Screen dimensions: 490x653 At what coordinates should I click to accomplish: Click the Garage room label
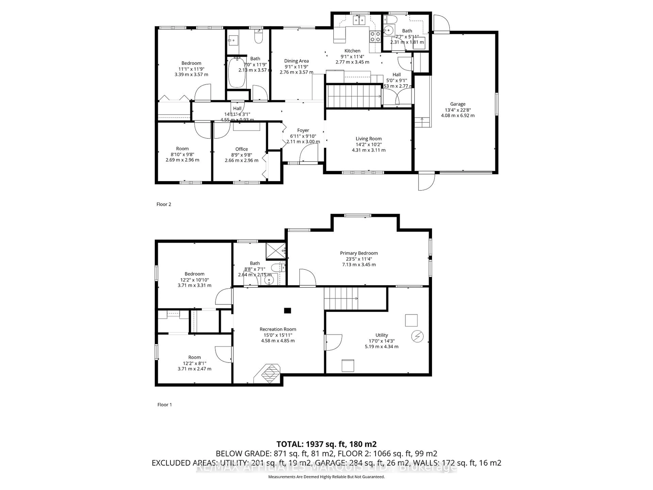pos(458,104)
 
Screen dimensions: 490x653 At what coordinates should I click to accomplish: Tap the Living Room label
pos(369,138)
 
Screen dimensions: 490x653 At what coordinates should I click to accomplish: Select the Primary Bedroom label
pos(359,253)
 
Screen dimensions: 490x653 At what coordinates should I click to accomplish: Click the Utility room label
pos(381,335)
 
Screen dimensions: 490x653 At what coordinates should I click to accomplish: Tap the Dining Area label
pos(296,61)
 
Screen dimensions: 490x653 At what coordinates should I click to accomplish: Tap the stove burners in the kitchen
pos(375,37)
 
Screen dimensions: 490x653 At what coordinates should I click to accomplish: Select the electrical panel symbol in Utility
pos(417,336)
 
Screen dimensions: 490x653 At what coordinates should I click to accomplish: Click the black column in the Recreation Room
pos(287,311)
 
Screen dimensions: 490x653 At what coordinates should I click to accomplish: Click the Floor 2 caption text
pos(164,204)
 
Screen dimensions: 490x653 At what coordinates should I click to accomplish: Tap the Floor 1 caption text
pos(164,405)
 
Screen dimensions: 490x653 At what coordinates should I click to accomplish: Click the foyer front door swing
pos(308,153)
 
